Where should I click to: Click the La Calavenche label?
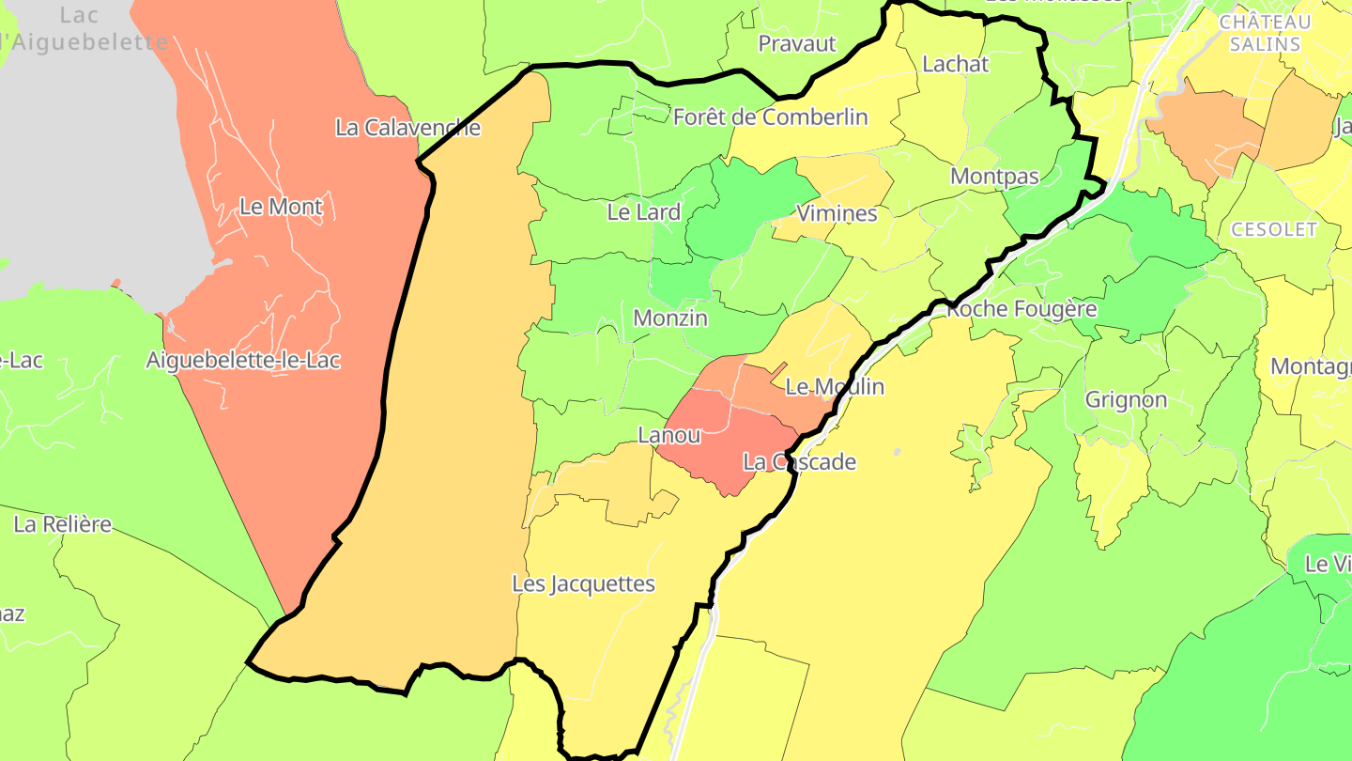tap(407, 128)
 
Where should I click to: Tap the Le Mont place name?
tap(281, 207)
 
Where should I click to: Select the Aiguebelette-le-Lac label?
tap(243, 360)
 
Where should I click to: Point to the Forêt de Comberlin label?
tap(770, 117)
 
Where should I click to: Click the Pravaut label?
tap(796, 43)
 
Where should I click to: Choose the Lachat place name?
tap(956, 64)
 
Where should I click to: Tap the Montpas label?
tap(994, 177)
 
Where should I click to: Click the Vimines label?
tap(837, 213)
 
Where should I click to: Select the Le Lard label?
tap(643, 212)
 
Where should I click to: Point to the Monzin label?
tap(670, 318)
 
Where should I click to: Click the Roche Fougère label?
tap(1022, 309)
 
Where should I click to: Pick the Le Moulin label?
tap(835, 386)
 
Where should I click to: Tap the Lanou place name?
tap(669, 436)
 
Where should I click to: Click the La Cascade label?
tap(799, 462)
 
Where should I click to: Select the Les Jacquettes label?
tap(583, 583)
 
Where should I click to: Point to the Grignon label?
tap(1126, 400)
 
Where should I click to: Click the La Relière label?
tap(62, 524)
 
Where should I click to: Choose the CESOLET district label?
tap(1273, 230)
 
